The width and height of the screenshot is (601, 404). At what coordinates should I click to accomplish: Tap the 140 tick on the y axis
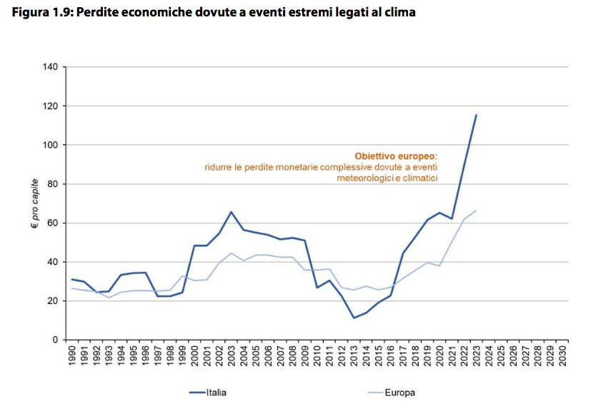click(x=49, y=67)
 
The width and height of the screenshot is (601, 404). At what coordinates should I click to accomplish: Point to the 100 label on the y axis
click(x=49, y=145)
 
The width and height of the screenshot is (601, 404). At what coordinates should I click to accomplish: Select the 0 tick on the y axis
click(x=54, y=340)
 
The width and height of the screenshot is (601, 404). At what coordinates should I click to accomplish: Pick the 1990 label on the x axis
click(x=72, y=357)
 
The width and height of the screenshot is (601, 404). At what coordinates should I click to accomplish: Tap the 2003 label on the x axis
click(x=231, y=357)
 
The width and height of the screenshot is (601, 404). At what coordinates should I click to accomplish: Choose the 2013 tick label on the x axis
click(x=354, y=357)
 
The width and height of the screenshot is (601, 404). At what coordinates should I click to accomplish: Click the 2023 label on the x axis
click(x=476, y=357)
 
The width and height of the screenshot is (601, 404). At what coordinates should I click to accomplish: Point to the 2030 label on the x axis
click(x=562, y=357)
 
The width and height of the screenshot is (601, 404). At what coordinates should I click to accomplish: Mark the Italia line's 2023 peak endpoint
click(x=476, y=115)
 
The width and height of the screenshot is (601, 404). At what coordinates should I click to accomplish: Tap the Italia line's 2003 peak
click(x=231, y=212)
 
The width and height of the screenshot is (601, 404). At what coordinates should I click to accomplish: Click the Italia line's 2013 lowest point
click(x=354, y=318)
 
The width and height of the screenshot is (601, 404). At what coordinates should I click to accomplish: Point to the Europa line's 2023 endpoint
click(x=476, y=211)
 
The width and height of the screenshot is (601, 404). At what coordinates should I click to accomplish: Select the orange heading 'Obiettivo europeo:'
click(x=396, y=155)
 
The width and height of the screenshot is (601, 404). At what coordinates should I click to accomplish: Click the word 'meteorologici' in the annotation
click(x=362, y=178)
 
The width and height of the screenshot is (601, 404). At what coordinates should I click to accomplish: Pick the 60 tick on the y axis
click(x=52, y=223)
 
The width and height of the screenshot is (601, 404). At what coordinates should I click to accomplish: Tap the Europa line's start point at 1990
click(x=72, y=288)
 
